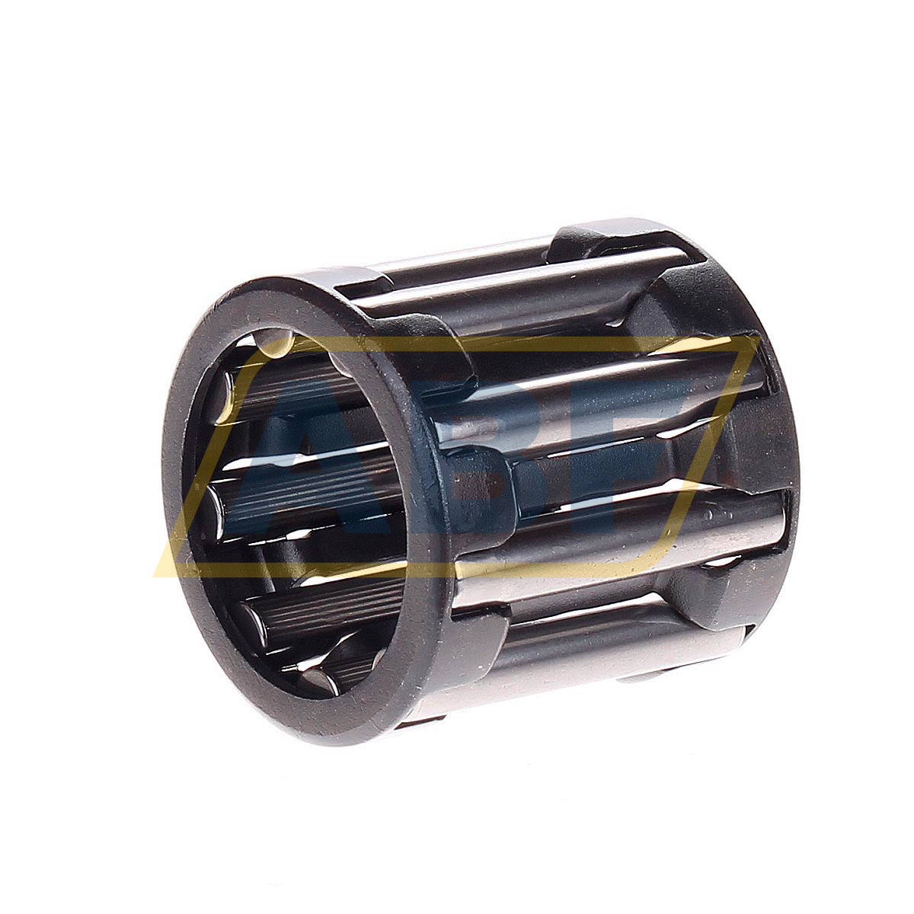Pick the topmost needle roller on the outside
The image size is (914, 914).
tap(457, 263)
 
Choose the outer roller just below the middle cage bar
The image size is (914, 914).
tap(609, 533)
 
